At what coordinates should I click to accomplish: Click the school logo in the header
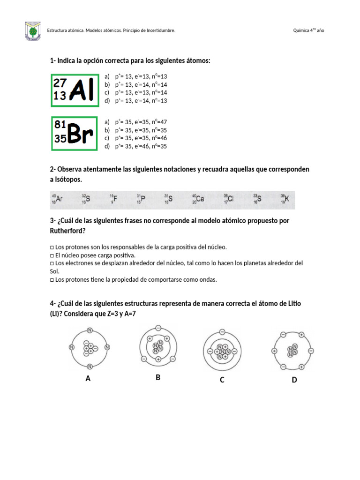point(32,31)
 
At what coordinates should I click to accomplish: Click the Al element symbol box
point(75,90)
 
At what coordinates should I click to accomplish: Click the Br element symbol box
point(75,134)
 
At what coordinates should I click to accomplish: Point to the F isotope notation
point(113,199)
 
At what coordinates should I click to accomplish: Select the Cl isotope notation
point(228,199)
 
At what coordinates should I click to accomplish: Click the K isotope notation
point(285,199)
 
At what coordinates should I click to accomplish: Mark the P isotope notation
point(141,199)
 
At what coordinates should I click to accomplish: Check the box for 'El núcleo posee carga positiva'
point(52,255)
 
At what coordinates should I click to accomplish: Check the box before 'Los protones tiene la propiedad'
point(52,280)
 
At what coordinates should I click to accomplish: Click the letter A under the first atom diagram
point(88,379)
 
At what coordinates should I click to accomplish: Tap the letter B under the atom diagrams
point(158,377)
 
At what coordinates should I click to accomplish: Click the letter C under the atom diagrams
point(222,380)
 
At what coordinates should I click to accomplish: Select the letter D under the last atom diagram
point(294,380)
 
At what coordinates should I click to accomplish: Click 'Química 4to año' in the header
point(308,30)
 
